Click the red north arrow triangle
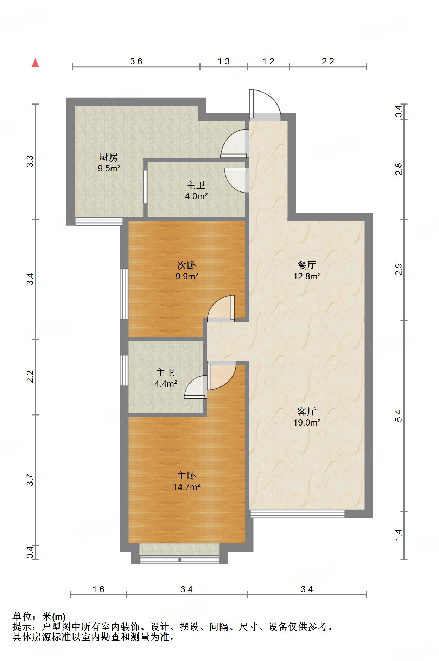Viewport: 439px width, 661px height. click(x=35, y=63)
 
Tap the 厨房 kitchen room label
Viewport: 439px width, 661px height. click(x=109, y=157)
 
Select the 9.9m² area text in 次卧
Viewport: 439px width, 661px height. click(x=187, y=276)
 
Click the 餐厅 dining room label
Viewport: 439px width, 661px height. click(x=306, y=265)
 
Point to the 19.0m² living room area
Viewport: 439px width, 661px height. click(x=307, y=422)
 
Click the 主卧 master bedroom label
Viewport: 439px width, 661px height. click(x=186, y=476)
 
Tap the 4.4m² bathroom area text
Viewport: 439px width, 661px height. click(x=165, y=384)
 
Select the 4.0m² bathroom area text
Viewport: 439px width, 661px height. click(x=196, y=196)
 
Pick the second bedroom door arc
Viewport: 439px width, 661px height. click(x=220, y=308)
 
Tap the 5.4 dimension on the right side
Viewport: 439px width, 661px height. click(x=398, y=416)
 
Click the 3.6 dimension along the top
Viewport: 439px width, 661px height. click(x=136, y=62)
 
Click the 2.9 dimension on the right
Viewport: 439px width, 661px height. click(x=398, y=269)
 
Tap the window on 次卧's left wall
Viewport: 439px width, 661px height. click(x=124, y=294)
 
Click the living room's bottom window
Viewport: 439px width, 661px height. click(x=297, y=514)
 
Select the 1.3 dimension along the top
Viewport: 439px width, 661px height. click(x=223, y=62)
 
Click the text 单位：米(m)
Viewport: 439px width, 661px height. click(x=39, y=617)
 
